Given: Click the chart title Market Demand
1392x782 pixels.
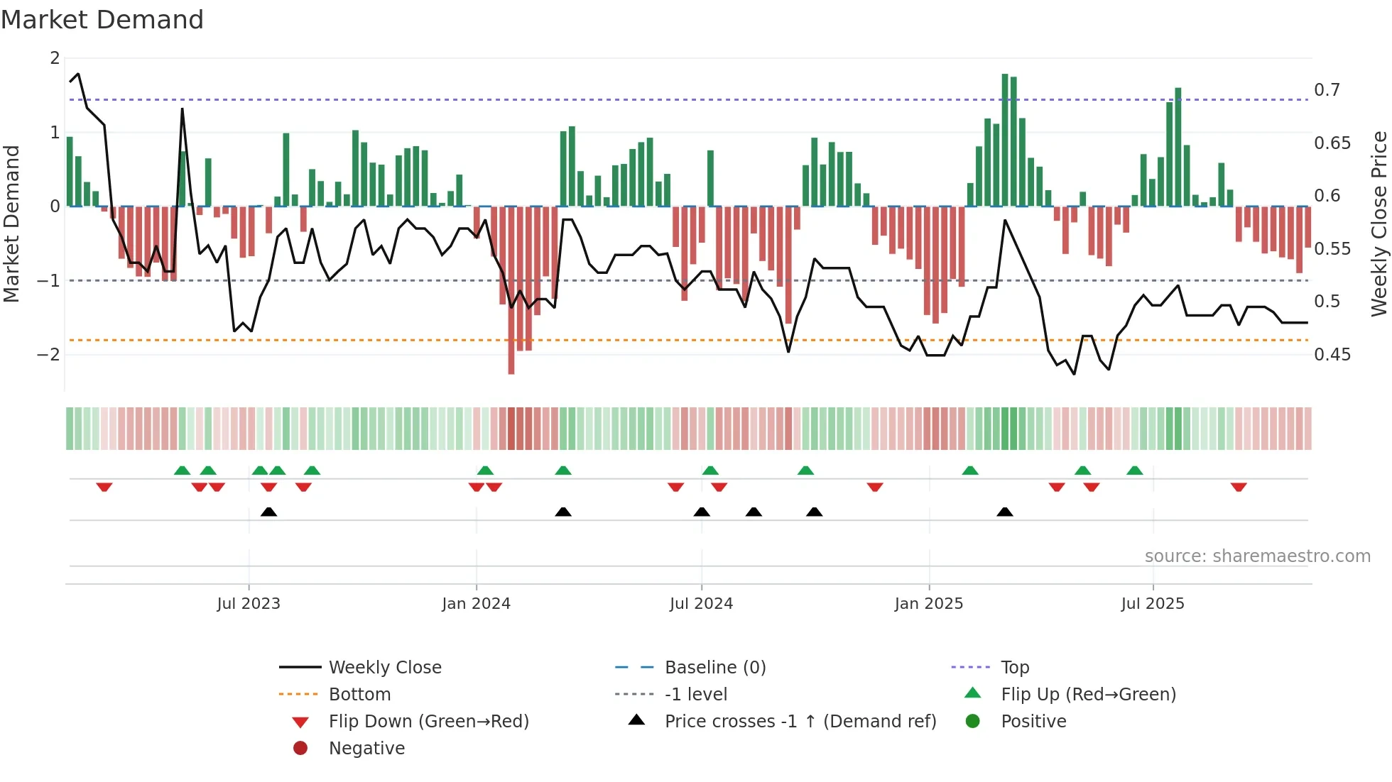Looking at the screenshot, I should (x=102, y=20).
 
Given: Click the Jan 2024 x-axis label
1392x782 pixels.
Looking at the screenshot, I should (x=476, y=603).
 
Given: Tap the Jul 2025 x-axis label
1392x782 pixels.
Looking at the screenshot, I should (x=1153, y=603).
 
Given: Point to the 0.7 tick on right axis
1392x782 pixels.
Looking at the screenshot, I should (x=1327, y=90).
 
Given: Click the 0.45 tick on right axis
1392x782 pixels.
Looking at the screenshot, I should (x=1332, y=354).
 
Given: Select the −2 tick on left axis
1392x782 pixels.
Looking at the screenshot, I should (x=48, y=354).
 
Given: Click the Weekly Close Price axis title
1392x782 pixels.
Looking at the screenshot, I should (x=1379, y=224).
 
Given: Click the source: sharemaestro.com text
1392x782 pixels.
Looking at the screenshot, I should (x=1257, y=556).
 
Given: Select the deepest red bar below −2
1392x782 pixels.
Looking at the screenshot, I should (x=511, y=291).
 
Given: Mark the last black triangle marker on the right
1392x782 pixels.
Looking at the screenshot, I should (x=1004, y=512).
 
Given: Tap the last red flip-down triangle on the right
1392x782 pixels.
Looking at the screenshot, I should (x=1239, y=487).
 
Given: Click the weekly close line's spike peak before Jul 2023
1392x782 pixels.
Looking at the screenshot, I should (x=183, y=109).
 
